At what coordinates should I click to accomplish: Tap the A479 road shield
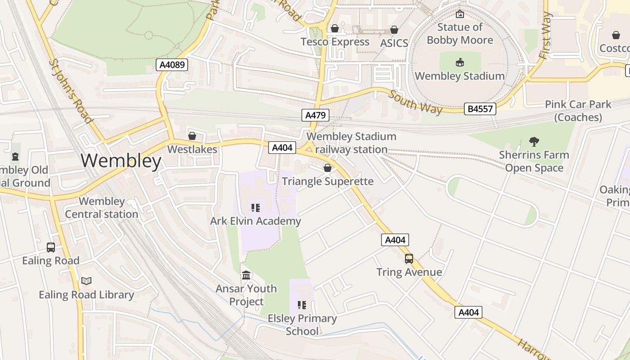click(315, 115)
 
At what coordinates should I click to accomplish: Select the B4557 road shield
click(480, 108)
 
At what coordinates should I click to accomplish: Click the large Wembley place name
click(121, 161)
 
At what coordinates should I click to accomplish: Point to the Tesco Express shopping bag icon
click(334, 29)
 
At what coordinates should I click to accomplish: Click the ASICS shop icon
click(394, 30)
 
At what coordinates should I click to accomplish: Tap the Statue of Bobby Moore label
click(460, 34)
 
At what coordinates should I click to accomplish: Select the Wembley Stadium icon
click(459, 62)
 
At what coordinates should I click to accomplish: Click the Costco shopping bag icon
click(616, 35)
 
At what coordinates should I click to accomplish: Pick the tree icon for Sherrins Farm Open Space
click(534, 142)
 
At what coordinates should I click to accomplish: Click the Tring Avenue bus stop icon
click(409, 259)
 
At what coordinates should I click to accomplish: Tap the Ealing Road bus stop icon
click(51, 247)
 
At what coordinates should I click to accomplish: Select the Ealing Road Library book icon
click(86, 281)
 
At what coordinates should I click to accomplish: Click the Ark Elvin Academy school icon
click(255, 208)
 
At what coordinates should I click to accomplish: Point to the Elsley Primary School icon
click(302, 305)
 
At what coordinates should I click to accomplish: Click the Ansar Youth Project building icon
click(246, 275)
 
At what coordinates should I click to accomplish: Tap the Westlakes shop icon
click(192, 136)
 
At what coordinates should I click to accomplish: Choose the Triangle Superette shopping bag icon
click(327, 168)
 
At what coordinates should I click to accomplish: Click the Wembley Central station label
click(102, 207)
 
